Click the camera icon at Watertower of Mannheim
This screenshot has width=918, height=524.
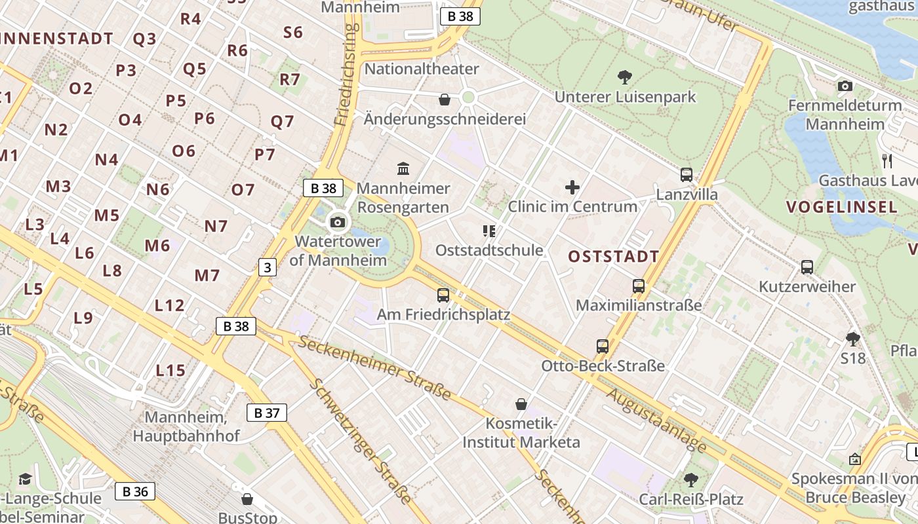pyautogui.click(x=338, y=223)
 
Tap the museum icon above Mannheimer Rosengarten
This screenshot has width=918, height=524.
pyautogui.click(x=403, y=169)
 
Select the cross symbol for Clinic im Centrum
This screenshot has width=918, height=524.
pyautogui.click(x=572, y=188)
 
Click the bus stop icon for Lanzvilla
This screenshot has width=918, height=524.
pyautogui.click(x=687, y=175)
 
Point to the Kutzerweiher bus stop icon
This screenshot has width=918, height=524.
pyautogui.click(x=807, y=267)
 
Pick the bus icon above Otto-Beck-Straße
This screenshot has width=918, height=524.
pyautogui.click(x=603, y=346)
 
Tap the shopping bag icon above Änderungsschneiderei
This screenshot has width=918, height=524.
pyautogui.click(x=445, y=100)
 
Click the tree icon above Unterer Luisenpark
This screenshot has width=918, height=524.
pyautogui.click(x=625, y=77)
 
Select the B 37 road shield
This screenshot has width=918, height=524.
pyautogui.click(x=267, y=413)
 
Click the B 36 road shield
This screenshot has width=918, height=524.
pyautogui.click(x=136, y=491)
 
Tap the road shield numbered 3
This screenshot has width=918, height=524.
pyautogui.click(x=267, y=267)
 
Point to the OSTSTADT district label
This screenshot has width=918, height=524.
pyautogui.click(x=613, y=256)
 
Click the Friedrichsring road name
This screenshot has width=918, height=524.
pyautogui.click(x=348, y=75)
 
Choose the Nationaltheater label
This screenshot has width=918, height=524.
pyautogui.click(x=422, y=69)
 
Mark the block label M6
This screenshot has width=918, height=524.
pyautogui.click(x=157, y=246)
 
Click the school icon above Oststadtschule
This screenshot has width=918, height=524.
pyautogui.click(x=489, y=231)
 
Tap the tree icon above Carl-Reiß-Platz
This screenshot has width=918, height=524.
pyautogui.click(x=690, y=480)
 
